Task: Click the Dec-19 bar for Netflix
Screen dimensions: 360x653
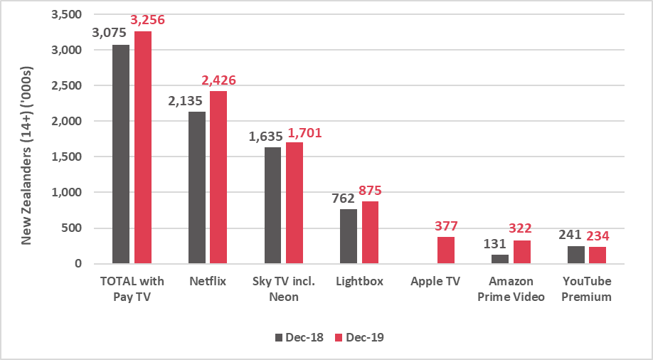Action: coord(218,177)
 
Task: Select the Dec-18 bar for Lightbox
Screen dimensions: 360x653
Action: coord(349,236)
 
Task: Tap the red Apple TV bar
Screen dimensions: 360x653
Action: coord(445,250)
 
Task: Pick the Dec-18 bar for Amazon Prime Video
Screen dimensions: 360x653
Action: coord(500,259)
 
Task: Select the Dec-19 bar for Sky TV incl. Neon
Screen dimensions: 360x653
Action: coord(294,203)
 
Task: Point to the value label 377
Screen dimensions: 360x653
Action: coord(445,226)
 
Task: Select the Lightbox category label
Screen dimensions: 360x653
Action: coord(359,281)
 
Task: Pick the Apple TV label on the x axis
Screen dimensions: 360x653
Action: coord(435,281)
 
